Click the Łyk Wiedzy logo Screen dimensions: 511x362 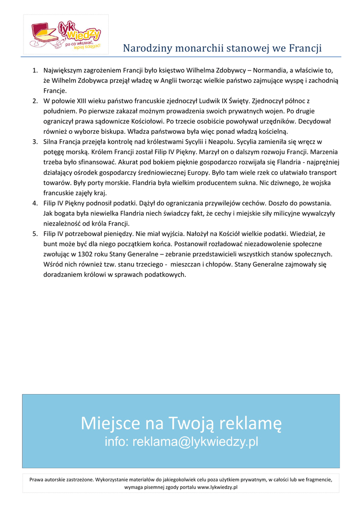[66, 34]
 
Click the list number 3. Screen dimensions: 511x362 [35, 142]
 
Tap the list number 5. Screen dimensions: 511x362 [35, 233]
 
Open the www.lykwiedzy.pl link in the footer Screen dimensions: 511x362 [217, 487]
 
